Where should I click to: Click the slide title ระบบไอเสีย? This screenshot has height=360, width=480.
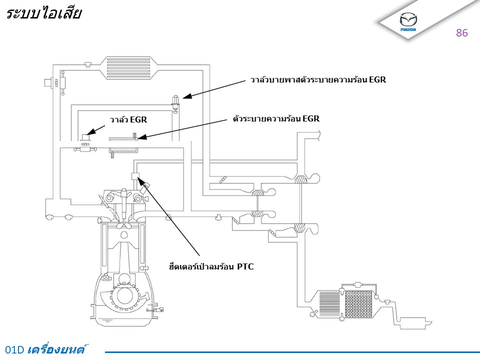coord(43,14)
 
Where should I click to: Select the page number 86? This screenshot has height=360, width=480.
coord(461,33)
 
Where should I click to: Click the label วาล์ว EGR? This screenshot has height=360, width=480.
coord(128,119)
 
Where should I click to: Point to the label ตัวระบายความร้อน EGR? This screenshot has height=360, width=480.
coord(276,119)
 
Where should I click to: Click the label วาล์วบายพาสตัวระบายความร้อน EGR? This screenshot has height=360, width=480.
coord(318,79)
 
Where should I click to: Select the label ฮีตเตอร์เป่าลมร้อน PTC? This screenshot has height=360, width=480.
coord(211,266)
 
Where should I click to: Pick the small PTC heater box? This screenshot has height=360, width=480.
coord(134,175)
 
